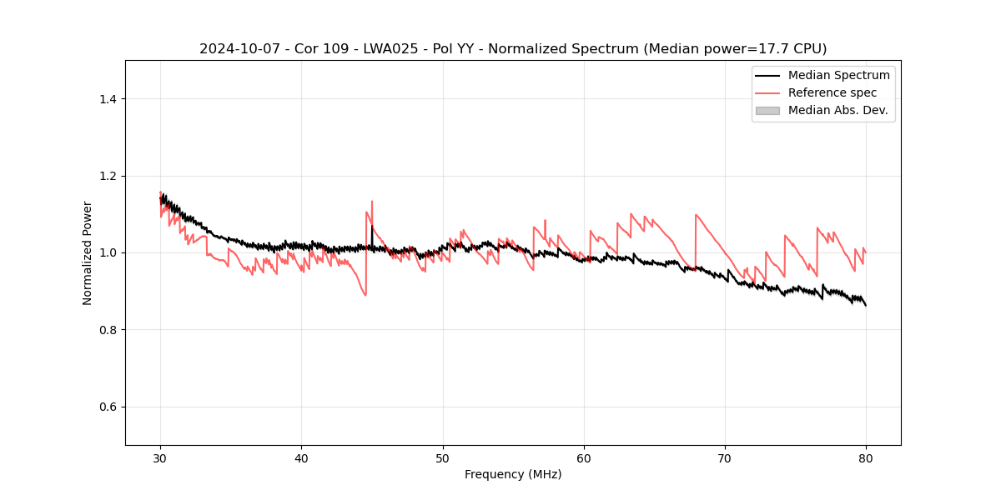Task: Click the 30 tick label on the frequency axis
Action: coord(160,457)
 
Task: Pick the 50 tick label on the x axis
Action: coord(443,457)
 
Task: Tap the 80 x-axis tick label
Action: coord(866,457)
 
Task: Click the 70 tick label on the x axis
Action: coord(725,457)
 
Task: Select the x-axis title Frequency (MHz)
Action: coord(513,474)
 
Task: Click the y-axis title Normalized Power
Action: coord(88,252)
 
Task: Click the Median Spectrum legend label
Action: coord(838,75)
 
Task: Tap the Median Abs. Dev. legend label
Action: coord(838,110)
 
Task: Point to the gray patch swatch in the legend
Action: coord(767,110)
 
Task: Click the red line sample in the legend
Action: coord(767,92)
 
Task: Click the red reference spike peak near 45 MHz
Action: coord(372,201)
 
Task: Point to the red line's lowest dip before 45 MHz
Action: coord(365,295)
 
